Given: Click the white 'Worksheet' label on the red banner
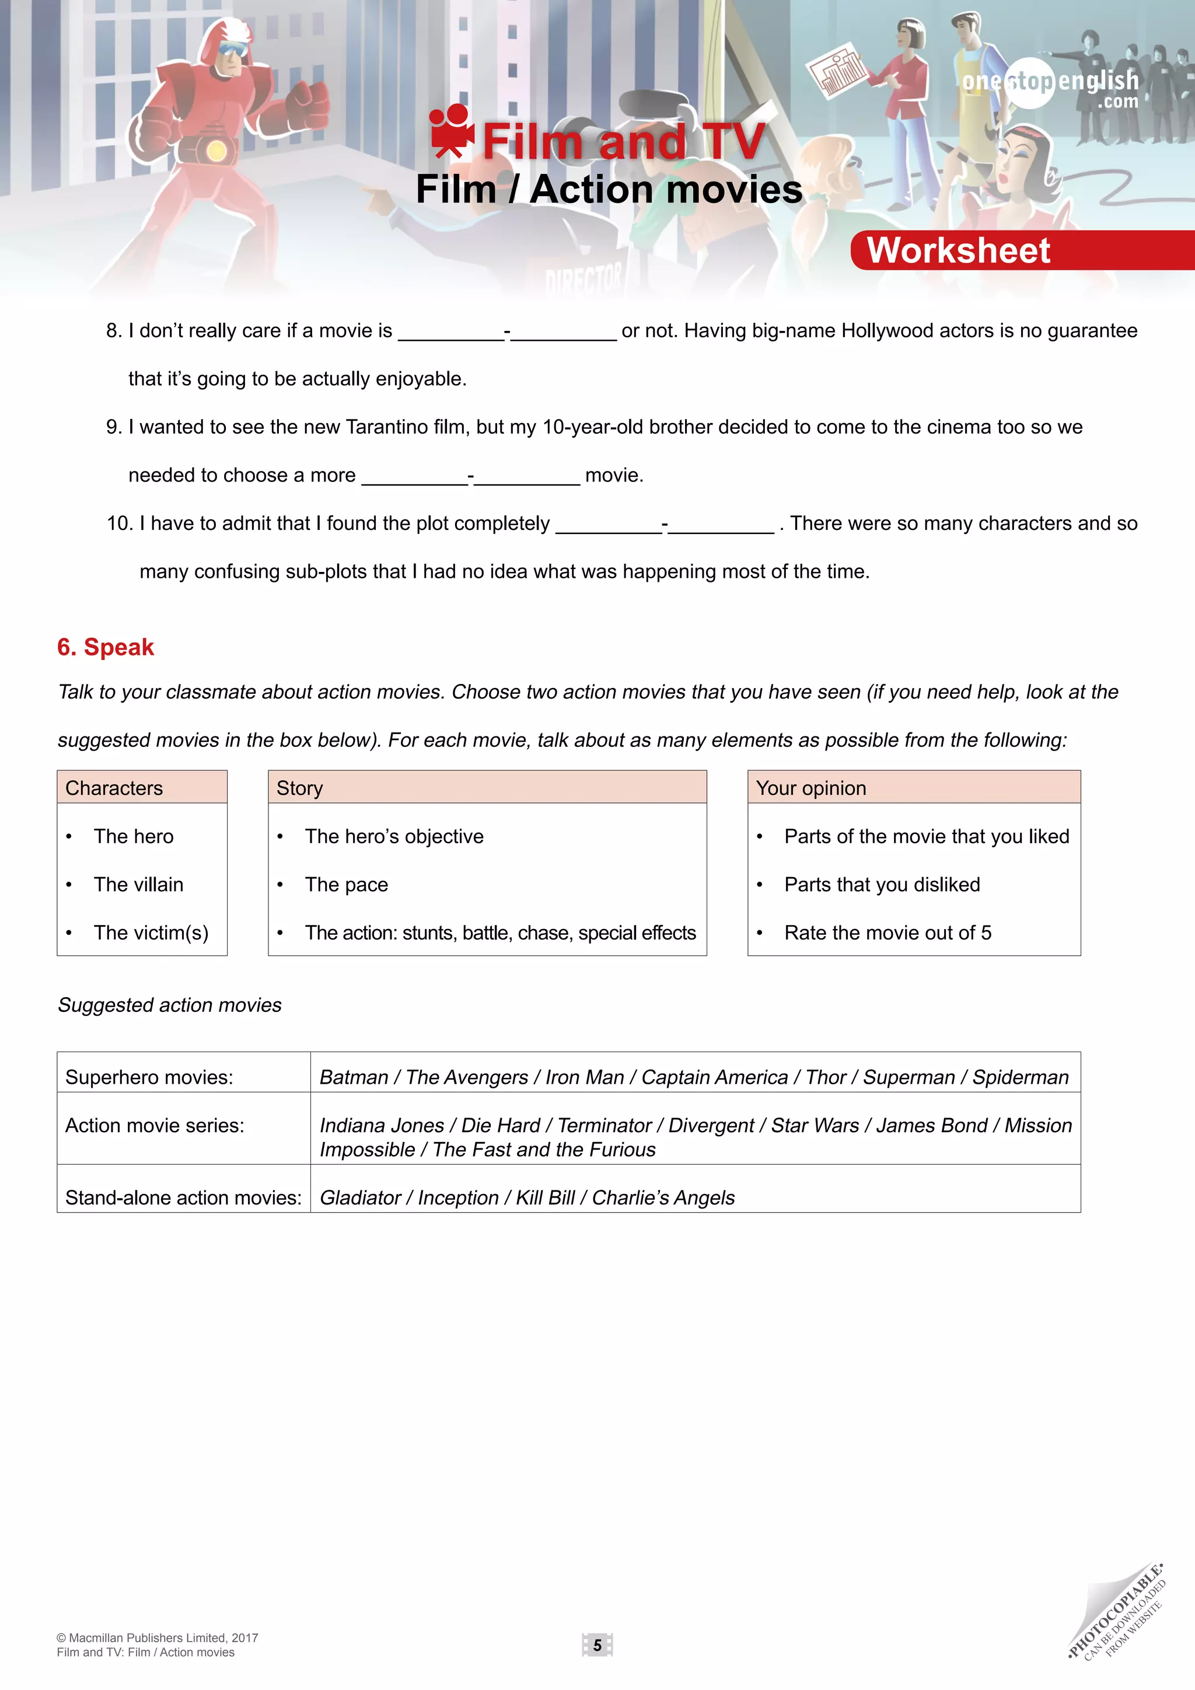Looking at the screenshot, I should point(958,250).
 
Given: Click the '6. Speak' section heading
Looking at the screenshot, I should point(106,647).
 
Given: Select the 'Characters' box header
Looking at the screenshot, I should point(114,788).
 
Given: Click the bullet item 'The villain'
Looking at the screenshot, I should point(138,884).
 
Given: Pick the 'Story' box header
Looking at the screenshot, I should point(299,788).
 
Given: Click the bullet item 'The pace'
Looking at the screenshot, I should point(346,884).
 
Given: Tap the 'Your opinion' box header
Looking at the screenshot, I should point(811,788).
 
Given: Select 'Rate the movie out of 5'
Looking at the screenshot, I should point(887,933).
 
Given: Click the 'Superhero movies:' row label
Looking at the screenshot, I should point(149,1077).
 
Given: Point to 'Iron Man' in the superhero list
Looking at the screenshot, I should point(584,1077).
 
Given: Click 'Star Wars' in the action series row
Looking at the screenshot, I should point(815,1125).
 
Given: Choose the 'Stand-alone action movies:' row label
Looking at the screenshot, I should point(183,1197).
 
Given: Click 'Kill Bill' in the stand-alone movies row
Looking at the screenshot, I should point(544,1197).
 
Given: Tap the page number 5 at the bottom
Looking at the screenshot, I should point(597,1644).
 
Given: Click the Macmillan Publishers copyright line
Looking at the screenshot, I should point(158,1637).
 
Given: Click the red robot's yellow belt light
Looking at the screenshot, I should point(215,152).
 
